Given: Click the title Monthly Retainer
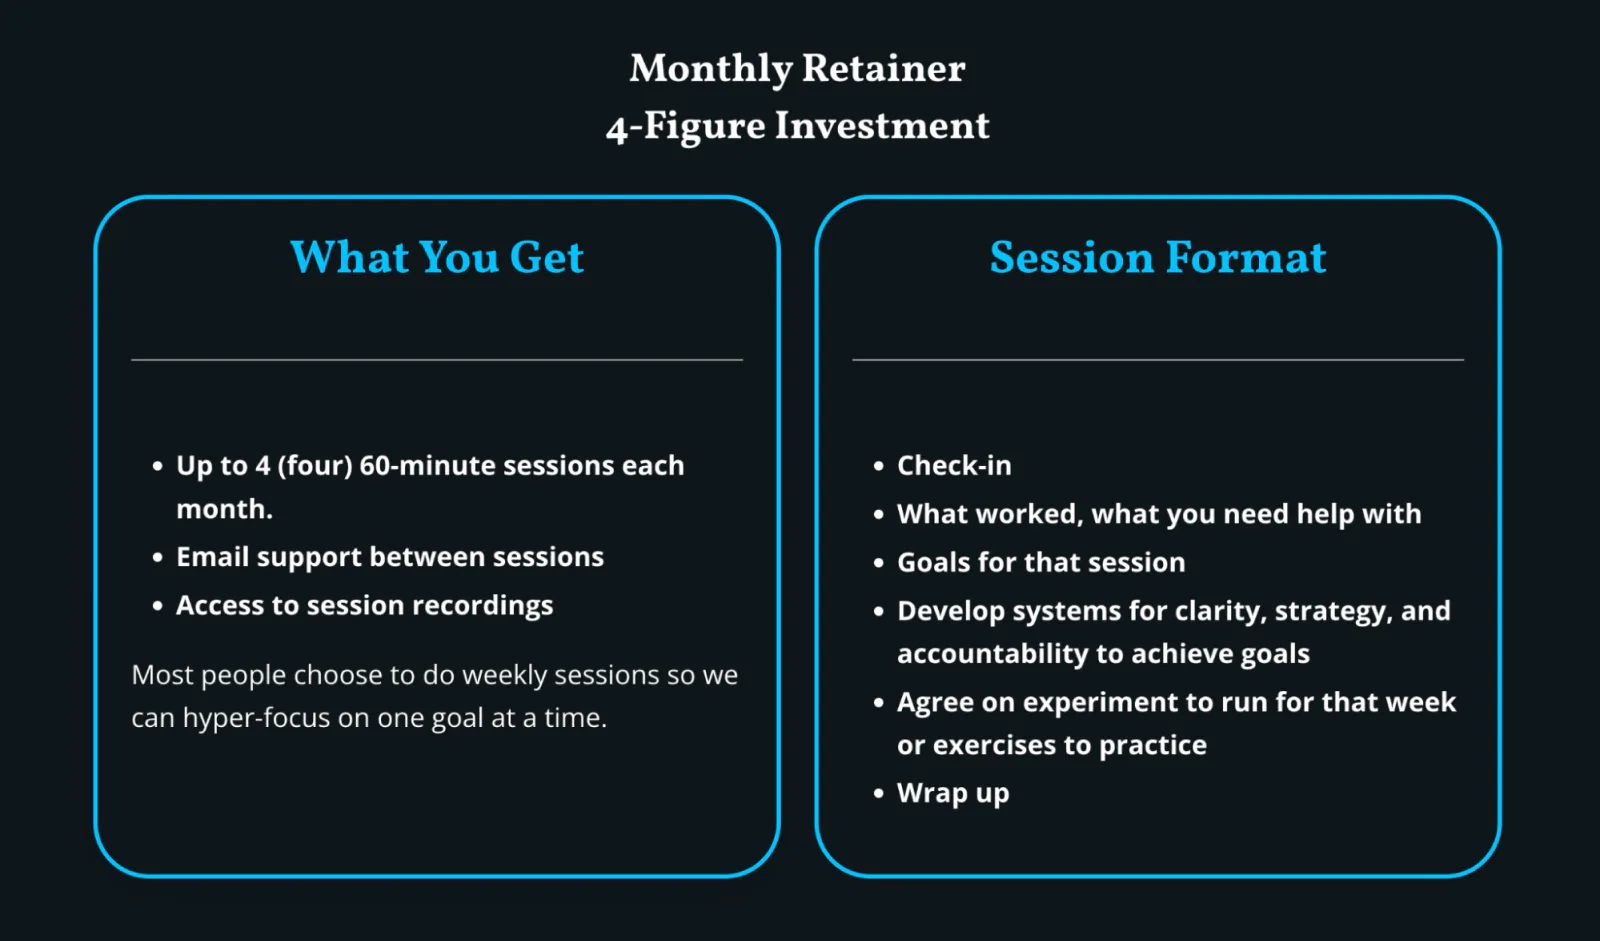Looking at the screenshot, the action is coord(797,69).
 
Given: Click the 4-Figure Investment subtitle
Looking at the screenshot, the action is coord(797,126).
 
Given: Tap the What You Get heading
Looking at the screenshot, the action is coord(437,257).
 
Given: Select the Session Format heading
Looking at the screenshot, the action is coord(1158,257).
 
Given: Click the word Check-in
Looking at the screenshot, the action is coord(954,465).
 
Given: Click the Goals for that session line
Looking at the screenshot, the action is coord(1041,562).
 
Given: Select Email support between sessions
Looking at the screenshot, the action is coord(390,557).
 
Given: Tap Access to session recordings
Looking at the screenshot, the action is coord(364,606).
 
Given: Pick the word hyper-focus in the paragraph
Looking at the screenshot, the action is coord(256,718).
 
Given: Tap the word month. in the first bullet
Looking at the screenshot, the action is coord(224,509).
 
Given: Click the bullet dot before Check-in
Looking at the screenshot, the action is coord(879,466).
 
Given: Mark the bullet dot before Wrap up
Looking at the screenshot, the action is coord(879,793).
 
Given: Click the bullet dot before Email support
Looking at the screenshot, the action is coord(158,557).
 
